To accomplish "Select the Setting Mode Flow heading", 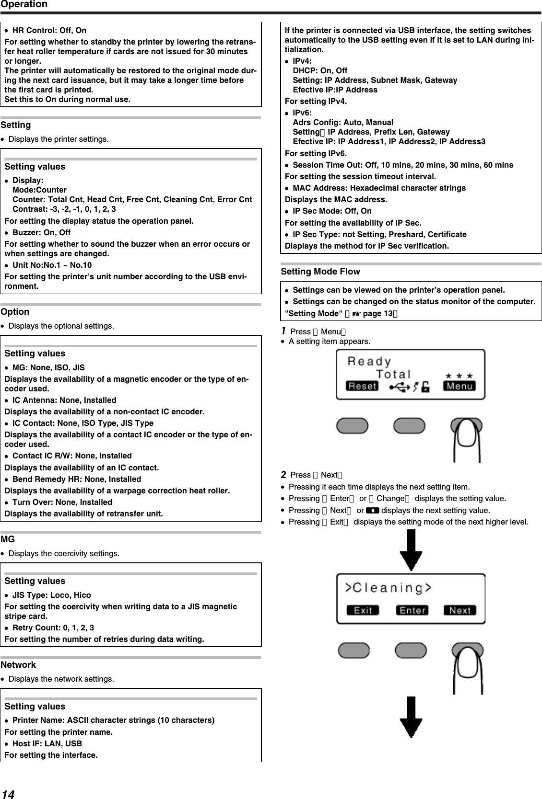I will click(x=320, y=272).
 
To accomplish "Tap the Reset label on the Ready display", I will click(x=362, y=386).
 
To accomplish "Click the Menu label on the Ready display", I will click(x=459, y=386).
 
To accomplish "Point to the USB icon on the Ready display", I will click(x=400, y=387).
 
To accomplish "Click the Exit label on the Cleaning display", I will click(x=363, y=610).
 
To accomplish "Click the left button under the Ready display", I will click(x=353, y=426).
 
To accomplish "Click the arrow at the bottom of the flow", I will click(x=412, y=717).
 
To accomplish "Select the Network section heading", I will click(x=18, y=665).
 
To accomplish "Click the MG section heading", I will click(x=8, y=539).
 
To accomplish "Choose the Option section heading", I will click(x=15, y=312).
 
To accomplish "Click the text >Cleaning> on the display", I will click(x=389, y=588).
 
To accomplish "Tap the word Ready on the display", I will click(x=369, y=362).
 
